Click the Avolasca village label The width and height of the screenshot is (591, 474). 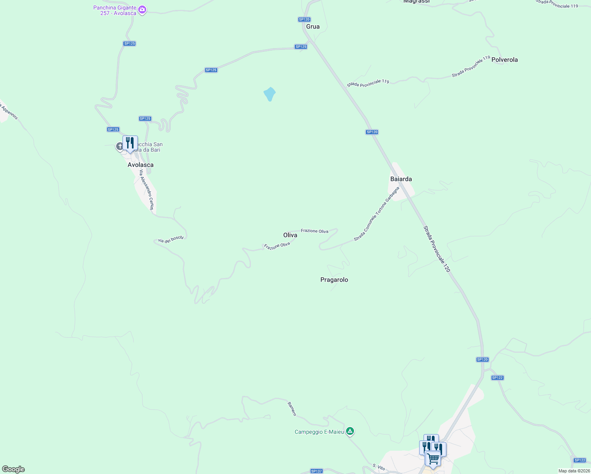tap(140, 165)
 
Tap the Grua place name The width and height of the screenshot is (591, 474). tap(313, 26)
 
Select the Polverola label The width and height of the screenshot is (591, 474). tap(504, 60)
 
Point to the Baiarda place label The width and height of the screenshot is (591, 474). tap(401, 179)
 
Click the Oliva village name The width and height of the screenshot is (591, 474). tap(290, 235)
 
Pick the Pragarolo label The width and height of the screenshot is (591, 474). tap(334, 280)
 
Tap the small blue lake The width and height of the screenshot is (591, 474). tap(269, 94)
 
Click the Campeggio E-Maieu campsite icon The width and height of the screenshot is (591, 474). tap(350, 431)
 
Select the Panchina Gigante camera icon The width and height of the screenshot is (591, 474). tap(142, 10)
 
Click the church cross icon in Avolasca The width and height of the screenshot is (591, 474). tap(120, 147)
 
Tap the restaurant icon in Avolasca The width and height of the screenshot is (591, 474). tap(130, 143)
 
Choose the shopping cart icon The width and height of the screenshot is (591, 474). tap(433, 459)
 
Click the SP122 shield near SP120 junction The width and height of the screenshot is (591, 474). tap(497, 378)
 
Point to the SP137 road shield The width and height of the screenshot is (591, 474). tap(316, 471)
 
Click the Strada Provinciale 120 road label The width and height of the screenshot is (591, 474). tap(437, 249)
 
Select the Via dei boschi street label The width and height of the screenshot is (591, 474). tap(171, 239)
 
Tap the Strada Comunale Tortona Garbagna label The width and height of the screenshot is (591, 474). tap(376, 214)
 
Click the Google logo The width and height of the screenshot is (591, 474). tap(13, 469)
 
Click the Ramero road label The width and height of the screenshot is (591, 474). tap(292, 409)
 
